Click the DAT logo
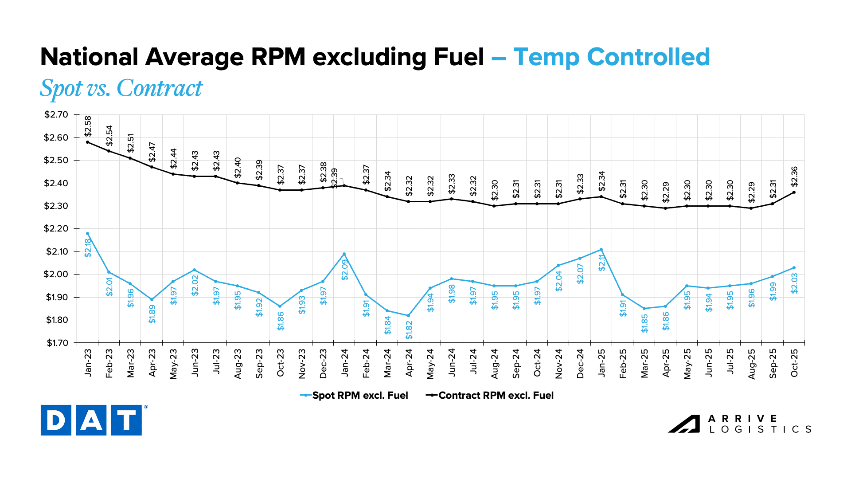point(91,420)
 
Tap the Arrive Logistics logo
point(739,424)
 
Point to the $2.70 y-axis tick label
point(56,115)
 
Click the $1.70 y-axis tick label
point(56,343)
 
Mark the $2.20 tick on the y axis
point(56,229)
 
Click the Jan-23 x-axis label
point(88,363)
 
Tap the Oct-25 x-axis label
point(794,363)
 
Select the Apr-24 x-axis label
point(409,363)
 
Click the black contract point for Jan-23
point(88,142)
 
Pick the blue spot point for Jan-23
point(88,233)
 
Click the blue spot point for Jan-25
point(601,249)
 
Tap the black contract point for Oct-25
point(794,192)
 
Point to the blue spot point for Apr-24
point(409,315)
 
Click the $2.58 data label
point(88,126)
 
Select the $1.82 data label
point(409,330)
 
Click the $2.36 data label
point(794,177)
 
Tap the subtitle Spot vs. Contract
point(121,88)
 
